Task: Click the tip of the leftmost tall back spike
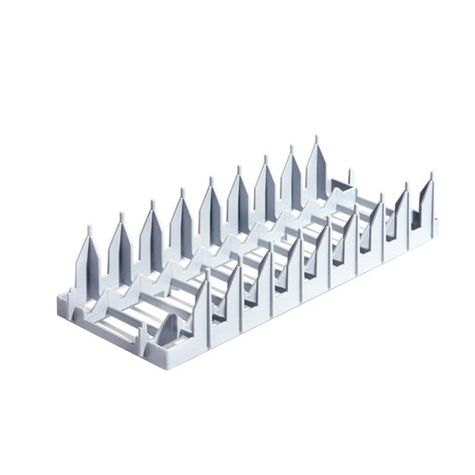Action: tap(89, 228)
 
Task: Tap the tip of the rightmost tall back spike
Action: tap(315, 139)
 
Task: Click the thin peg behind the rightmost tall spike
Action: tap(349, 173)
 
